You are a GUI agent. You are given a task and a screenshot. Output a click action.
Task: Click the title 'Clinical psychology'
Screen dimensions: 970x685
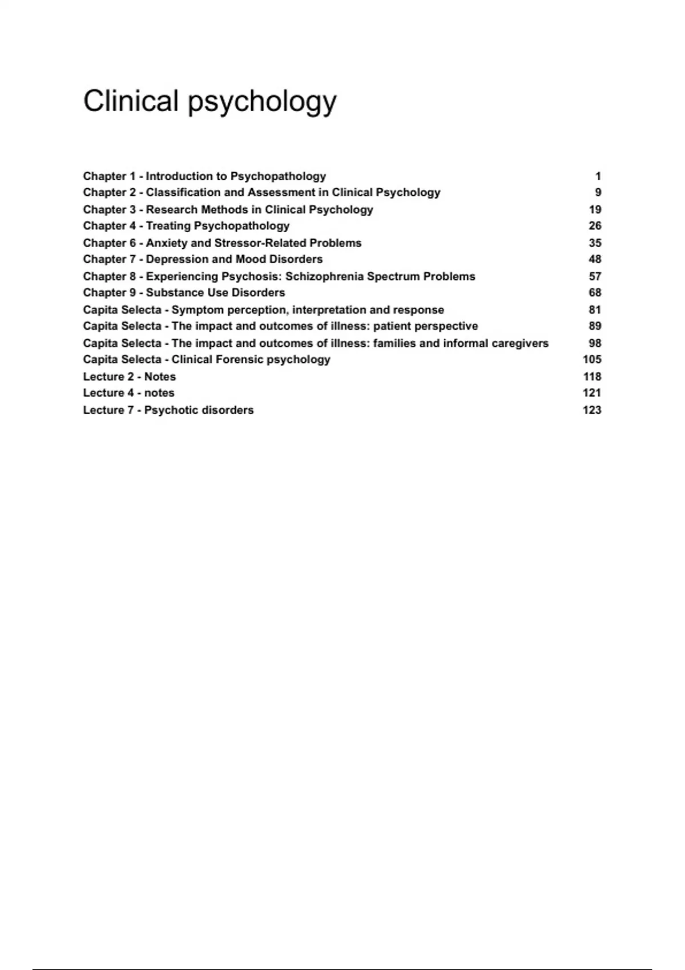pos(209,102)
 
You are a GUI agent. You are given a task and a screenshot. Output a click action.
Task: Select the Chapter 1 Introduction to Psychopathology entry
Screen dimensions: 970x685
pos(204,176)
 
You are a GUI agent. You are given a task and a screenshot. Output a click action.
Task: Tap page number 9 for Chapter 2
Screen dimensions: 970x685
pos(598,193)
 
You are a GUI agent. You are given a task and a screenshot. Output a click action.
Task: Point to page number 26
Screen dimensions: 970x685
pos(595,226)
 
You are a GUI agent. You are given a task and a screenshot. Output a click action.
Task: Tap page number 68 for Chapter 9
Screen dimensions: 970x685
pos(595,293)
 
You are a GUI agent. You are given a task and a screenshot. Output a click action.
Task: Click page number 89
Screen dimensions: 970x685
pos(595,326)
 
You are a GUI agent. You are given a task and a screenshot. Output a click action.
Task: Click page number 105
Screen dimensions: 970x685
pos(592,359)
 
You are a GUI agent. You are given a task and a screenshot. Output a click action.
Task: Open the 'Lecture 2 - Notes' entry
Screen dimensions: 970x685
pos(130,377)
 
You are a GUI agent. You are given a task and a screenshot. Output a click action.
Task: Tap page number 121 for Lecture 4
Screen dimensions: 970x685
pos(592,393)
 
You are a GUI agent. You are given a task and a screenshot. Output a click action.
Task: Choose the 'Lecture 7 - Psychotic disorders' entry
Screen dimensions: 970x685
pos(168,410)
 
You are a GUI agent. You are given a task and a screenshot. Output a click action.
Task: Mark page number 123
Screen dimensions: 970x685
pos(592,410)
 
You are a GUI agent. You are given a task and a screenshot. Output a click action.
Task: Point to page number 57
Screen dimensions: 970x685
pos(595,277)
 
